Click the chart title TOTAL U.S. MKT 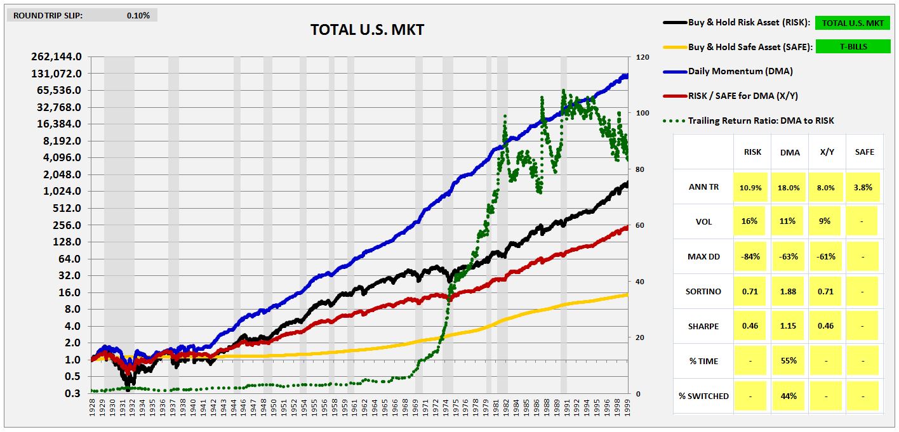[367, 30]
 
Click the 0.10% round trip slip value [138, 15]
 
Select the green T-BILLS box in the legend [853, 46]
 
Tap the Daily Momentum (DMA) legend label [740, 71]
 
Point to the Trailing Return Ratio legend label [761, 121]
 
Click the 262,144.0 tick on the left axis [56, 56]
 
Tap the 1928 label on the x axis [93, 405]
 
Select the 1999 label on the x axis [626, 405]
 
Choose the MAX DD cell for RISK [752, 256]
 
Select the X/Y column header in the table [826, 152]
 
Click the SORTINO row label [703, 291]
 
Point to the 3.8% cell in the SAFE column [863, 187]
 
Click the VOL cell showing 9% [826, 221]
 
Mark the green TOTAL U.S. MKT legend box [853, 23]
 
